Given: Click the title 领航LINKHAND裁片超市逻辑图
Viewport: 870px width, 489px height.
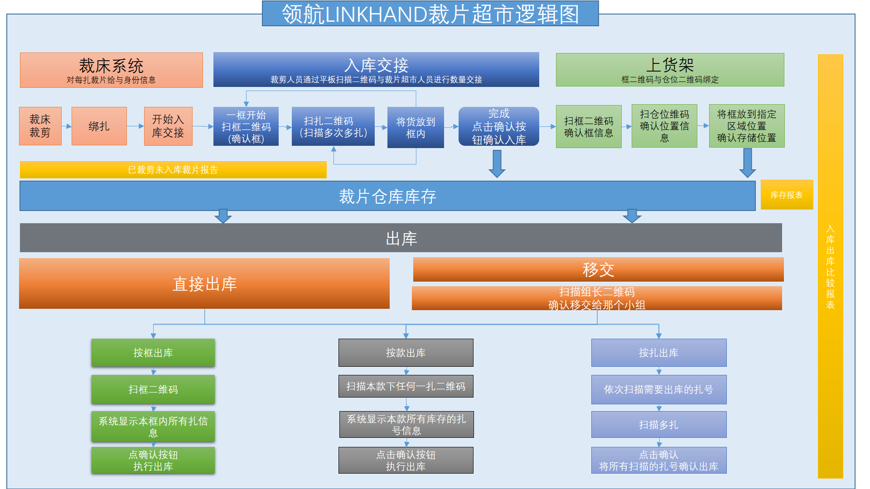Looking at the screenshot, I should (430, 14).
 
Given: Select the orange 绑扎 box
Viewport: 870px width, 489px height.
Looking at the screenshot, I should (99, 126).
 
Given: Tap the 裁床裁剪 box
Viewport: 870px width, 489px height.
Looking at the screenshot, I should (40, 126).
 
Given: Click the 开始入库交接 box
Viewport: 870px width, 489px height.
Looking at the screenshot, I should (168, 126).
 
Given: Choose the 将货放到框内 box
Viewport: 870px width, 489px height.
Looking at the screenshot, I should (415, 128).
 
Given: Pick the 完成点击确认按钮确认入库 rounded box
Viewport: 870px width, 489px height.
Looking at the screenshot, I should (498, 126).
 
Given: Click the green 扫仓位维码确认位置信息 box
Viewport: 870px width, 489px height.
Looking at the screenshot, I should (664, 126).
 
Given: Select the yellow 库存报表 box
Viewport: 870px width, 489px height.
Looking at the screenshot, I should (786, 195).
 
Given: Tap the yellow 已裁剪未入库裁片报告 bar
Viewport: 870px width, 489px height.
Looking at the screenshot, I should (173, 170).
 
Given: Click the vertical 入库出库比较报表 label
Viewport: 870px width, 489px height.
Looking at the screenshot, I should (830, 267).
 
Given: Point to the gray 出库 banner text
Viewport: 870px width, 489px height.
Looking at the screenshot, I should (401, 238).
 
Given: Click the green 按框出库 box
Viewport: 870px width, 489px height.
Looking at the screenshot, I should (153, 353).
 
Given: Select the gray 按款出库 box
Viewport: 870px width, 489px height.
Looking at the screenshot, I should (406, 353).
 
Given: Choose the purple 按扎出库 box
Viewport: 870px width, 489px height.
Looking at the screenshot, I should (658, 353).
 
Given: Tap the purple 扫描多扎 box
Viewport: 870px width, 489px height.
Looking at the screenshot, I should (658, 425).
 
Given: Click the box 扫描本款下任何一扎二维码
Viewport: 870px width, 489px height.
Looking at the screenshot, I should (406, 386).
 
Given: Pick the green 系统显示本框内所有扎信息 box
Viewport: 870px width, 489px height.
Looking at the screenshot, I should (153, 426).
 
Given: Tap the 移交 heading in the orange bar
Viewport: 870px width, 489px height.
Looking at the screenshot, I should (598, 270).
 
